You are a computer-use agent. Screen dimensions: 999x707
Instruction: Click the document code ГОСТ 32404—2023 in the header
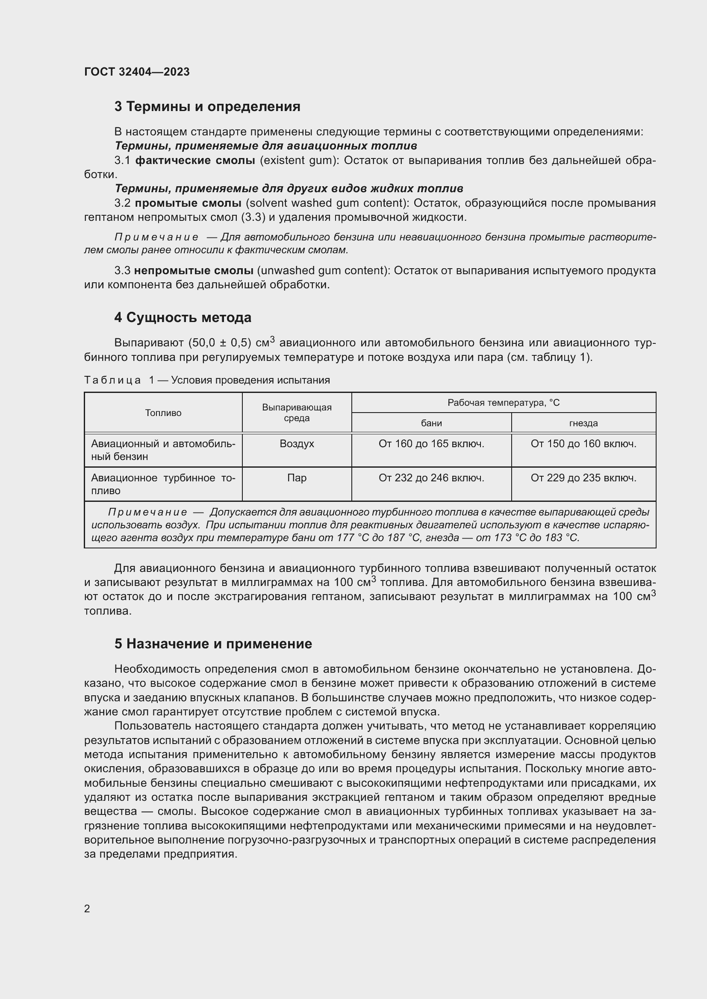tap(137, 72)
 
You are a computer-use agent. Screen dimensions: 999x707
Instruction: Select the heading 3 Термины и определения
tap(207, 107)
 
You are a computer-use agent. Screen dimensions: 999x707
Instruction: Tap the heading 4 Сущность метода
tap(183, 318)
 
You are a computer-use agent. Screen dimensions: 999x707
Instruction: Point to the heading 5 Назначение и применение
tap(213, 644)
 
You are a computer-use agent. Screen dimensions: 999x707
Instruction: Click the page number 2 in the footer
tap(87, 908)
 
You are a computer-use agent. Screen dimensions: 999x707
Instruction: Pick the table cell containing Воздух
tap(297, 444)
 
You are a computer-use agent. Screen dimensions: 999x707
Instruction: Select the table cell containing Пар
tap(297, 478)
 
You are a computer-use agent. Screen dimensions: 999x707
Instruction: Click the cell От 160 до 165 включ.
tap(431, 444)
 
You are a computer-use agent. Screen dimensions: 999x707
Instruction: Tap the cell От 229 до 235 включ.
tap(583, 478)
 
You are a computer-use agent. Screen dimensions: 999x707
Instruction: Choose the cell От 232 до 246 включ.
tap(431, 478)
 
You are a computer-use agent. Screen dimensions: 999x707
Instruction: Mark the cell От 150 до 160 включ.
tap(583, 444)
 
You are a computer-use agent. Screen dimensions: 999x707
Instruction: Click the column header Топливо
tap(163, 413)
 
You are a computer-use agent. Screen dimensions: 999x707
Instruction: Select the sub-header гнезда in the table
tap(583, 423)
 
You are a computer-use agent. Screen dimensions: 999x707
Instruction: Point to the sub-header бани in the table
tap(431, 423)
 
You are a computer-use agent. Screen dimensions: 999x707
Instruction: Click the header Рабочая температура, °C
tap(503, 403)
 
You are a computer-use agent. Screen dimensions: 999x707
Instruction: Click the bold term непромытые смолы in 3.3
tap(193, 271)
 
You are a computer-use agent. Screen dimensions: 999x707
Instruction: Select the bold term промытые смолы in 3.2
tap(188, 203)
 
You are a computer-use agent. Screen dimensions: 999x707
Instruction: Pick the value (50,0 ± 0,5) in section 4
tap(220, 343)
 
